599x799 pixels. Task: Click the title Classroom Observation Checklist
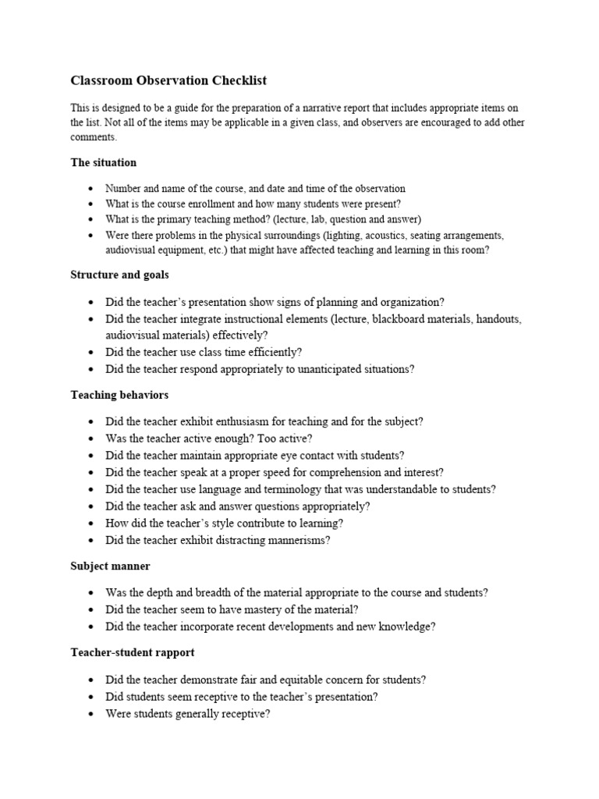pyautogui.click(x=168, y=80)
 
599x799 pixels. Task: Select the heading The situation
pyautogui.click(x=103, y=162)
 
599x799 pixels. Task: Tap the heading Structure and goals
pyautogui.click(x=119, y=275)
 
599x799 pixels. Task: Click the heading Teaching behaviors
pyautogui.click(x=119, y=396)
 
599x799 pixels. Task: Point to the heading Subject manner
pyautogui.click(x=110, y=566)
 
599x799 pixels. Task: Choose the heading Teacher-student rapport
pyautogui.click(x=133, y=652)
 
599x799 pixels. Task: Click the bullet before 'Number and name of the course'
pyautogui.click(x=92, y=189)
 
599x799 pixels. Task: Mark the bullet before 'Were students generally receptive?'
pyautogui.click(x=92, y=713)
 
